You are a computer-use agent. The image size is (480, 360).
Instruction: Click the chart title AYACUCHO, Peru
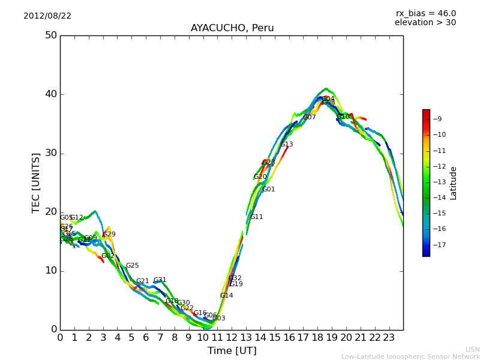coord(232,28)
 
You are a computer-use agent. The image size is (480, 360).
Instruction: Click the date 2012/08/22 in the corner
coord(47,16)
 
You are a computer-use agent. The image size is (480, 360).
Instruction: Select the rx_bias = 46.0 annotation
coord(425,14)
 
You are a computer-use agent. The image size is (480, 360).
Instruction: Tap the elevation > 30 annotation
coord(425,23)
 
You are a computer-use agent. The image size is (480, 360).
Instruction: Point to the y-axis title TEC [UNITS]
coord(36,182)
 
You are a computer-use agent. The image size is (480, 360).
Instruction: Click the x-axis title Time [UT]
coord(232,351)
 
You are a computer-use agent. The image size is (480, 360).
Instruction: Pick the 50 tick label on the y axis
coord(50,35)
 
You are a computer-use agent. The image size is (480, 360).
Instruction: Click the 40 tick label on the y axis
coord(50,94)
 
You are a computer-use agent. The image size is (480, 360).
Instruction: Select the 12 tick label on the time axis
coord(232,338)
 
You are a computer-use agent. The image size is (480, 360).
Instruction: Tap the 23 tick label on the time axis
coord(389,338)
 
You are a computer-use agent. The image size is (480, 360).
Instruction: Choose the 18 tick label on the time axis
coord(317,338)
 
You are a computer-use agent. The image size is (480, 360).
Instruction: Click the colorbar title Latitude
coord(454,183)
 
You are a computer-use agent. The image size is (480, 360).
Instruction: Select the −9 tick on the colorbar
coord(438,119)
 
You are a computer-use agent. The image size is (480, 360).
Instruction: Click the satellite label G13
coord(287,145)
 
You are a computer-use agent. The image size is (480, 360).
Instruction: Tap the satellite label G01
coord(269,190)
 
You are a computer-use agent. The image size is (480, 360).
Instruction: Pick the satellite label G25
coord(132,266)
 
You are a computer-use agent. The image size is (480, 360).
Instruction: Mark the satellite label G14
coord(226,296)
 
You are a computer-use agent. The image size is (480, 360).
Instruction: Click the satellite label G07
coord(309,118)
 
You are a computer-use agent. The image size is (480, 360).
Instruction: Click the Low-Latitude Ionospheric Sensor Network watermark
coord(410,357)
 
